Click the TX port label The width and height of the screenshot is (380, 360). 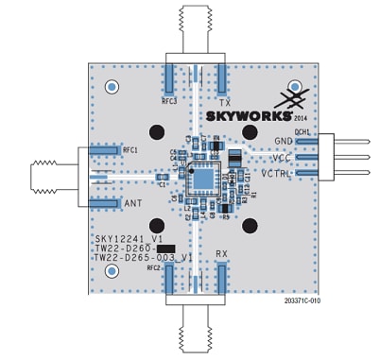point(225,101)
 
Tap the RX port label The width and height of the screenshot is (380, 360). point(222,253)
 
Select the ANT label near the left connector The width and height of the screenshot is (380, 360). point(132,202)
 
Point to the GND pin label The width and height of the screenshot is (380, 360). point(284,141)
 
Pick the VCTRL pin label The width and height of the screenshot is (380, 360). point(277,173)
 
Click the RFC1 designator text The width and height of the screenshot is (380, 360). point(130,149)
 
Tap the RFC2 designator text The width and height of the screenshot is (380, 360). point(153,267)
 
